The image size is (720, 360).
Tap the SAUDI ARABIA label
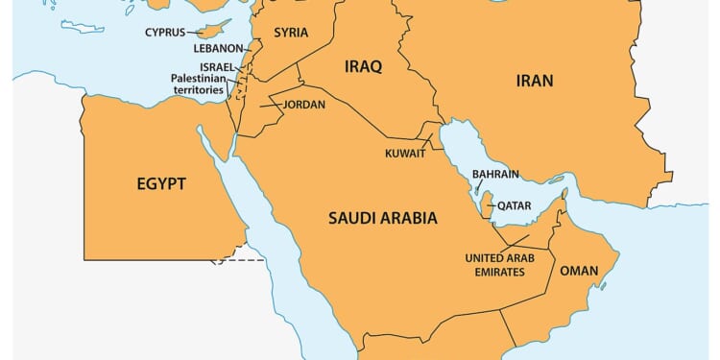click(x=382, y=218)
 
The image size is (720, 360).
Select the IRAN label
click(x=534, y=81)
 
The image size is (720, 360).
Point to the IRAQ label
click(x=363, y=66)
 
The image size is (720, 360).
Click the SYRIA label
click(x=291, y=33)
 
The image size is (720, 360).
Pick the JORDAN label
click(x=303, y=104)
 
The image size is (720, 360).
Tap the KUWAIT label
click(x=406, y=153)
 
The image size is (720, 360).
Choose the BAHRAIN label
click(x=495, y=174)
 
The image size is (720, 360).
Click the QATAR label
click(x=508, y=204)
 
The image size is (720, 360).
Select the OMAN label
click(x=579, y=272)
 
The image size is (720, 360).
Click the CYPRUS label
click(x=165, y=32)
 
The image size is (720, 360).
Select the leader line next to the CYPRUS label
click(x=193, y=32)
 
